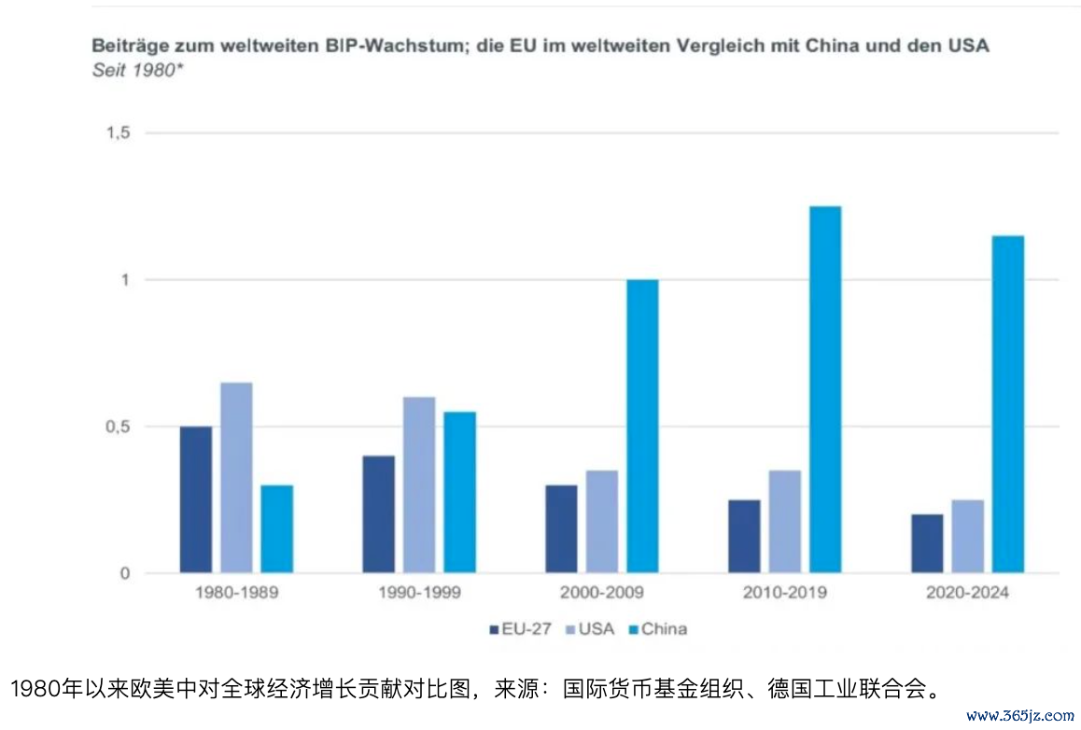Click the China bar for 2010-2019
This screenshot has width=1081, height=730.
click(825, 389)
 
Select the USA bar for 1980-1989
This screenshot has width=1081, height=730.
click(236, 477)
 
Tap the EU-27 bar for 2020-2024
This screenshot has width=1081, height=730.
click(927, 543)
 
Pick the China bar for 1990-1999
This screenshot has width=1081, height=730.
click(459, 492)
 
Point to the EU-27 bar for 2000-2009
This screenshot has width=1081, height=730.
click(561, 528)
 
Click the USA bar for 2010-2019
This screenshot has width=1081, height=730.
click(785, 521)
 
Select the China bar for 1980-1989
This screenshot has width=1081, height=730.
click(276, 528)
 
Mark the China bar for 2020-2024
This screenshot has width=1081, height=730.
click(1008, 404)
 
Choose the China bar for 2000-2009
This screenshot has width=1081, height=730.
click(642, 426)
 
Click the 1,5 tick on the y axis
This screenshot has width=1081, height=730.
click(118, 133)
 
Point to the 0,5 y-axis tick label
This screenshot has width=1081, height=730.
click(118, 427)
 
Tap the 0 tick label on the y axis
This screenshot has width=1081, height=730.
click(124, 573)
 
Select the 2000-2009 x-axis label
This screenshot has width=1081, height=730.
click(602, 593)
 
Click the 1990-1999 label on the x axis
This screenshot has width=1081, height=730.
click(419, 593)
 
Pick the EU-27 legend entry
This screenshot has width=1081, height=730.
click(520, 629)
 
